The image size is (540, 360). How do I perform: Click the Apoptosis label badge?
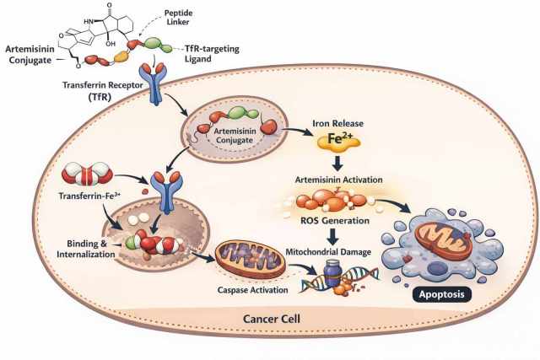[x=442, y=294]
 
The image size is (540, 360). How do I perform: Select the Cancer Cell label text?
[x=272, y=319]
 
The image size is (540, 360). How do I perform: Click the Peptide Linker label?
[x=178, y=18]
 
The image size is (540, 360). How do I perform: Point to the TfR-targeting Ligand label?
[x=212, y=54]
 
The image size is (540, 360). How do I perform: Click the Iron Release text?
[x=337, y=123]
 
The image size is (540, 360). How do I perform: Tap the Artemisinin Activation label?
[x=338, y=180]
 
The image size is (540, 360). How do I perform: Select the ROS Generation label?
[x=335, y=220]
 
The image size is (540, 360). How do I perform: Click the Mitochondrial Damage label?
[x=328, y=252]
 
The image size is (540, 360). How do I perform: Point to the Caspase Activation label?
[x=253, y=290]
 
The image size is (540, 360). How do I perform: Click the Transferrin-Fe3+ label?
[x=89, y=196]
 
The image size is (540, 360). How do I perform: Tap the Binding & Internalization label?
[x=86, y=249]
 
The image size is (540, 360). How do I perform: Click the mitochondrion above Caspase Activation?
[x=251, y=259]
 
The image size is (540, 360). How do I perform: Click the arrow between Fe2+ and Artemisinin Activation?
[x=338, y=163]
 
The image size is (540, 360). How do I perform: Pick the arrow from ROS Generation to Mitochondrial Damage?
[x=332, y=236]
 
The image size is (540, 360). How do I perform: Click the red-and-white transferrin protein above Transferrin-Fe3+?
[x=87, y=175]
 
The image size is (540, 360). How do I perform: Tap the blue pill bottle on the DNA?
[x=332, y=273]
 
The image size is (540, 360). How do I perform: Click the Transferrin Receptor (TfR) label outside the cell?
[x=102, y=91]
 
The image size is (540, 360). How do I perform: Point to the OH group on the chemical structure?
[x=111, y=44]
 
